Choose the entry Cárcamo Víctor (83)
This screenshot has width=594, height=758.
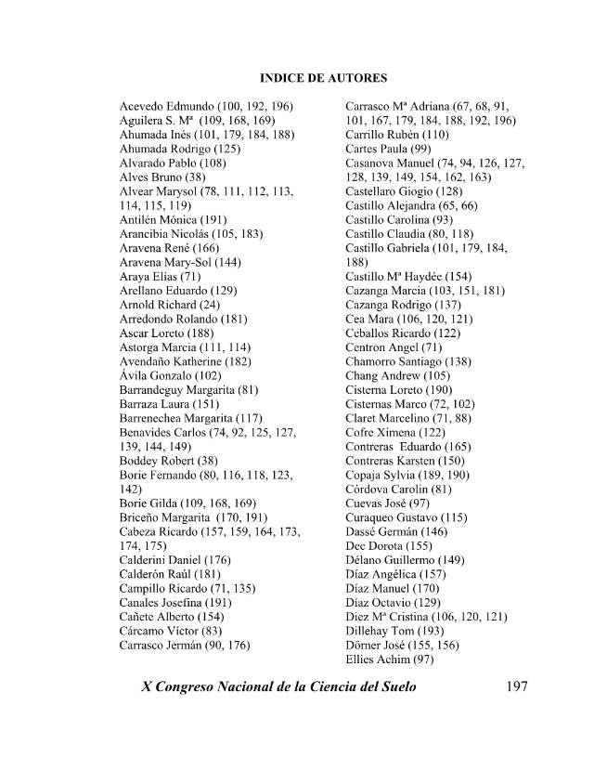pyautogui.click(x=171, y=631)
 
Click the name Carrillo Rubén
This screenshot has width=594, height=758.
pyautogui.click(x=384, y=135)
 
